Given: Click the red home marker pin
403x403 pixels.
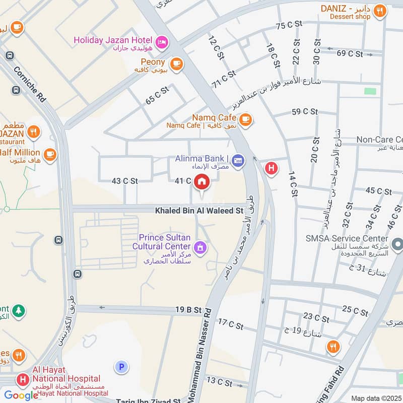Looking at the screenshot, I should click(x=202, y=182).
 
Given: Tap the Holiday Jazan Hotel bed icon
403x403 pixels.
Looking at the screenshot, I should click(x=162, y=40).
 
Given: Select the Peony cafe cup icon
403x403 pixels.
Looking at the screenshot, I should click(x=176, y=63).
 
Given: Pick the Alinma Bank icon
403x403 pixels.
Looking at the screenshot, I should click(x=238, y=160).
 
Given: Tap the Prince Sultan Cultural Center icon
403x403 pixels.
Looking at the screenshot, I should click(x=200, y=247).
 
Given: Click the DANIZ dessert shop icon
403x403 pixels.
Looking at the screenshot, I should click(x=380, y=10).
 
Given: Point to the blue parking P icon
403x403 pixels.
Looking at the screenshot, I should click(x=121, y=367).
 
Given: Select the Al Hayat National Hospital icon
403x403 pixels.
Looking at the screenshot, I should click(x=22, y=379).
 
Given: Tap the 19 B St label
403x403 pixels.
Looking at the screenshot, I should click(x=188, y=310).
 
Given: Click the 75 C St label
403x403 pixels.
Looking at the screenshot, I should click(x=289, y=25).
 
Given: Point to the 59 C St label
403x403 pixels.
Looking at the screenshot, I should click(x=305, y=111).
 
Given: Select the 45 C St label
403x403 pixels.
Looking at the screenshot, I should click(x=378, y=191).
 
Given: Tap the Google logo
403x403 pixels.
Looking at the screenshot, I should click(x=21, y=395).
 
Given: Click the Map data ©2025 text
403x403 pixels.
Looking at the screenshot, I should click(x=375, y=398).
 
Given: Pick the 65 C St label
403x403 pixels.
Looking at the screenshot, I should click(x=157, y=94).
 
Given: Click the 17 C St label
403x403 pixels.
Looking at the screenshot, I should click(x=231, y=324).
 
